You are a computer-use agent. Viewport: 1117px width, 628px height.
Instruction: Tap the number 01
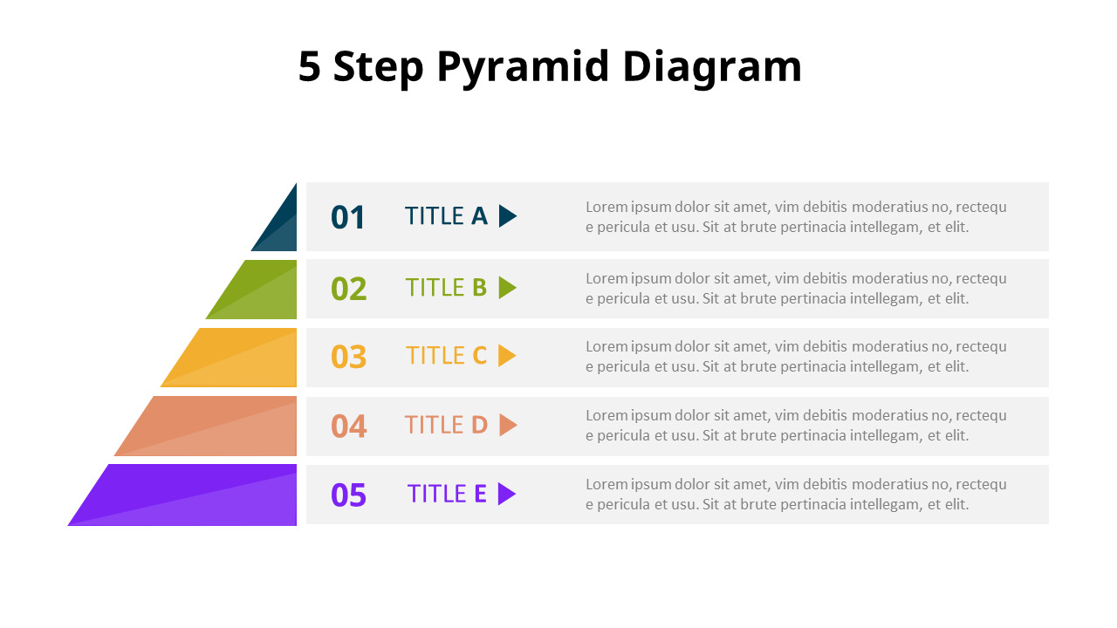point(347,217)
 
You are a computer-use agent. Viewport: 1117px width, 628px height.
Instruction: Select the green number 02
point(348,289)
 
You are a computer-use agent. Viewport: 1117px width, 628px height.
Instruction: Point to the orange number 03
point(348,357)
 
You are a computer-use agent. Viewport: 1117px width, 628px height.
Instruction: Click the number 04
point(348,426)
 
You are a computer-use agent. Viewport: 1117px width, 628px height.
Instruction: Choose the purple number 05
point(348,495)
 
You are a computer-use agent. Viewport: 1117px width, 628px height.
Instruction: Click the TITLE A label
point(446,216)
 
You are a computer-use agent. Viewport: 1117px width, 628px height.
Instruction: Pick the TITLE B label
point(446,288)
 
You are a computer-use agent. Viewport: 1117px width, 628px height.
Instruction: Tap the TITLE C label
point(446,356)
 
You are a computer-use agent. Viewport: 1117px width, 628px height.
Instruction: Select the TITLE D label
point(446,425)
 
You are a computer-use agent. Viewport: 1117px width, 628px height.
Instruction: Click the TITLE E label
point(447,494)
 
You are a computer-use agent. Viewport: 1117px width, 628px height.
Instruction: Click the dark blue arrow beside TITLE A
point(507,216)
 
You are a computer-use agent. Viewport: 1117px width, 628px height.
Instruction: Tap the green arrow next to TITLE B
point(507,288)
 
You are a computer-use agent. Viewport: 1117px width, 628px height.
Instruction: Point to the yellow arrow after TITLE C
point(506,356)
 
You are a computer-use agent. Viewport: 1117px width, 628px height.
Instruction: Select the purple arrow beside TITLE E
point(506,495)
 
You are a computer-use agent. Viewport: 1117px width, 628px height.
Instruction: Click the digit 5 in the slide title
point(309,67)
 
